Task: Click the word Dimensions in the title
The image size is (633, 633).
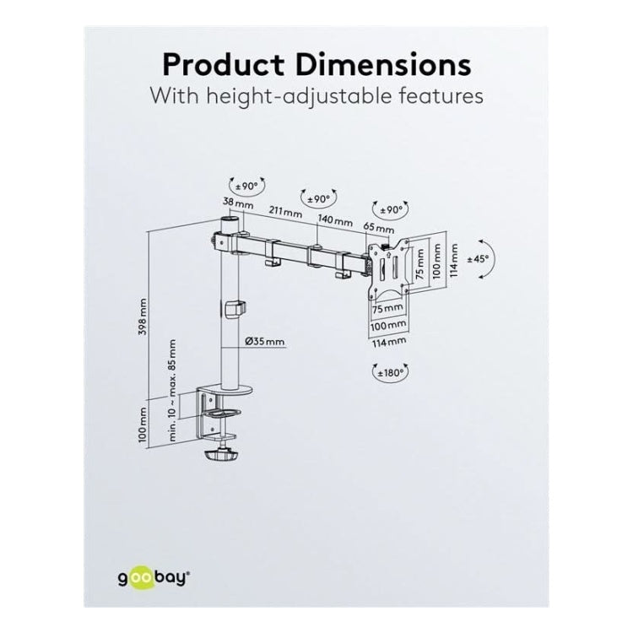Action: [x=383, y=65]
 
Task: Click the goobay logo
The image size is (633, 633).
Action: [x=154, y=577]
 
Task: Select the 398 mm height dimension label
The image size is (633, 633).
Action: [x=142, y=316]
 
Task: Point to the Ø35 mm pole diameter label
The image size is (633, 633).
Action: [x=265, y=342]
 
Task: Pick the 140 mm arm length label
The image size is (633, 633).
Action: [x=335, y=220]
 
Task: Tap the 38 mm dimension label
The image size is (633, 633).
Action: [x=238, y=203]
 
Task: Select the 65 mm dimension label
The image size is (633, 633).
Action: [x=379, y=228]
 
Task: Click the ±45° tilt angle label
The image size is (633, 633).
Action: [x=478, y=259]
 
